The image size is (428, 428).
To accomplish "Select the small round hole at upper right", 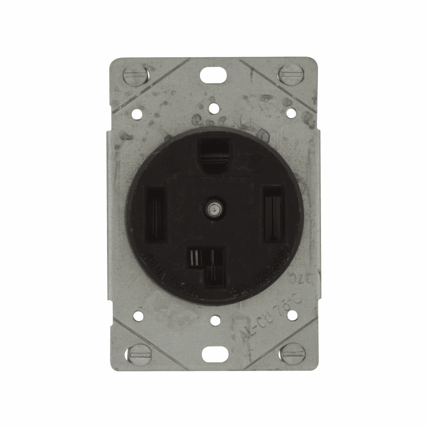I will (290, 113).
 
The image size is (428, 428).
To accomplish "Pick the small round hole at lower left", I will (138, 316).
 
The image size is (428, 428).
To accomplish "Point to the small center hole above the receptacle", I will (213, 110).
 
